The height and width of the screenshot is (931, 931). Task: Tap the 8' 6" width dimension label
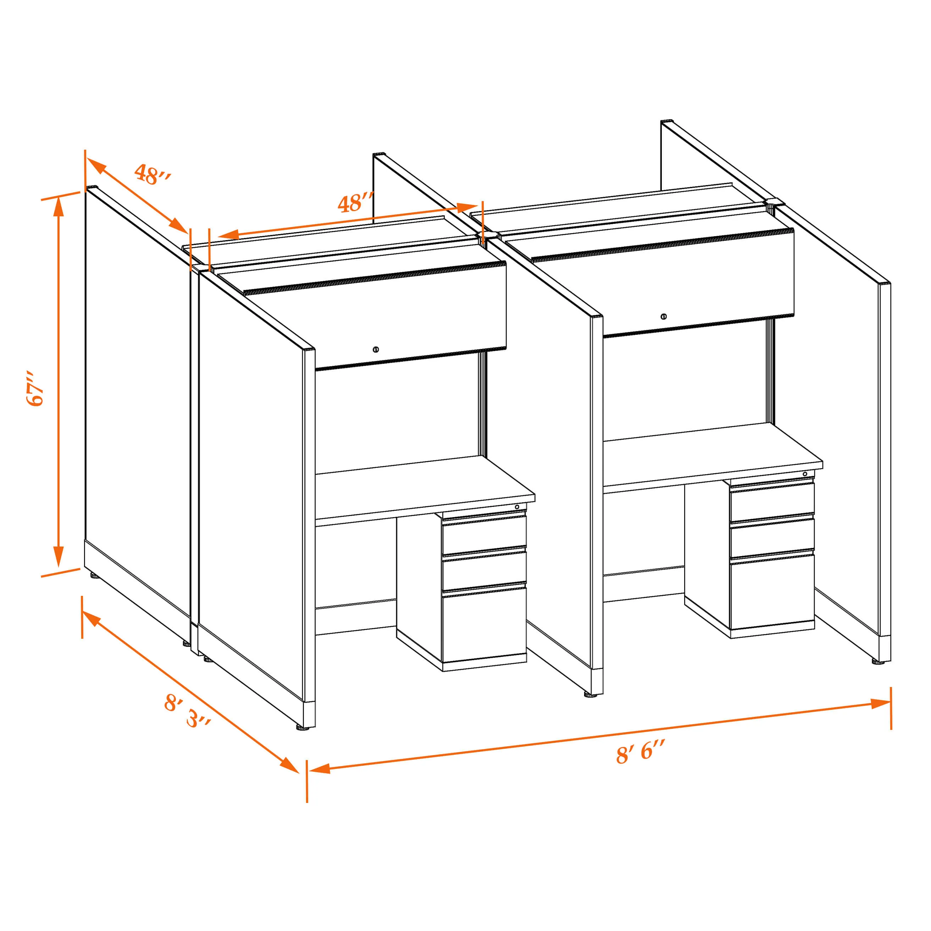pyautogui.click(x=641, y=753)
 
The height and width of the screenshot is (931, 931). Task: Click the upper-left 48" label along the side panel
pyautogui.click(x=152, y=174)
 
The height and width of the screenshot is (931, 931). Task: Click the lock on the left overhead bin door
pyautogui.click(x=376, y=349)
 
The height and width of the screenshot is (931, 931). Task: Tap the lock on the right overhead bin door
pyautogui.click(x=664, y=317)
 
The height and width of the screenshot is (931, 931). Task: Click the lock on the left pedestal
pyautogui.click(x=517, y=507)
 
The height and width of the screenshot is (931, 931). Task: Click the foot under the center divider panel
pyautogui.click(x=590, y=694)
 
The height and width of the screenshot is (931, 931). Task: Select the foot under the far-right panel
pyautogui.click(x=878, y=662)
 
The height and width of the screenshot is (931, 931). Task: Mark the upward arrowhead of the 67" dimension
pyautogui.click(x=58, y=208)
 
